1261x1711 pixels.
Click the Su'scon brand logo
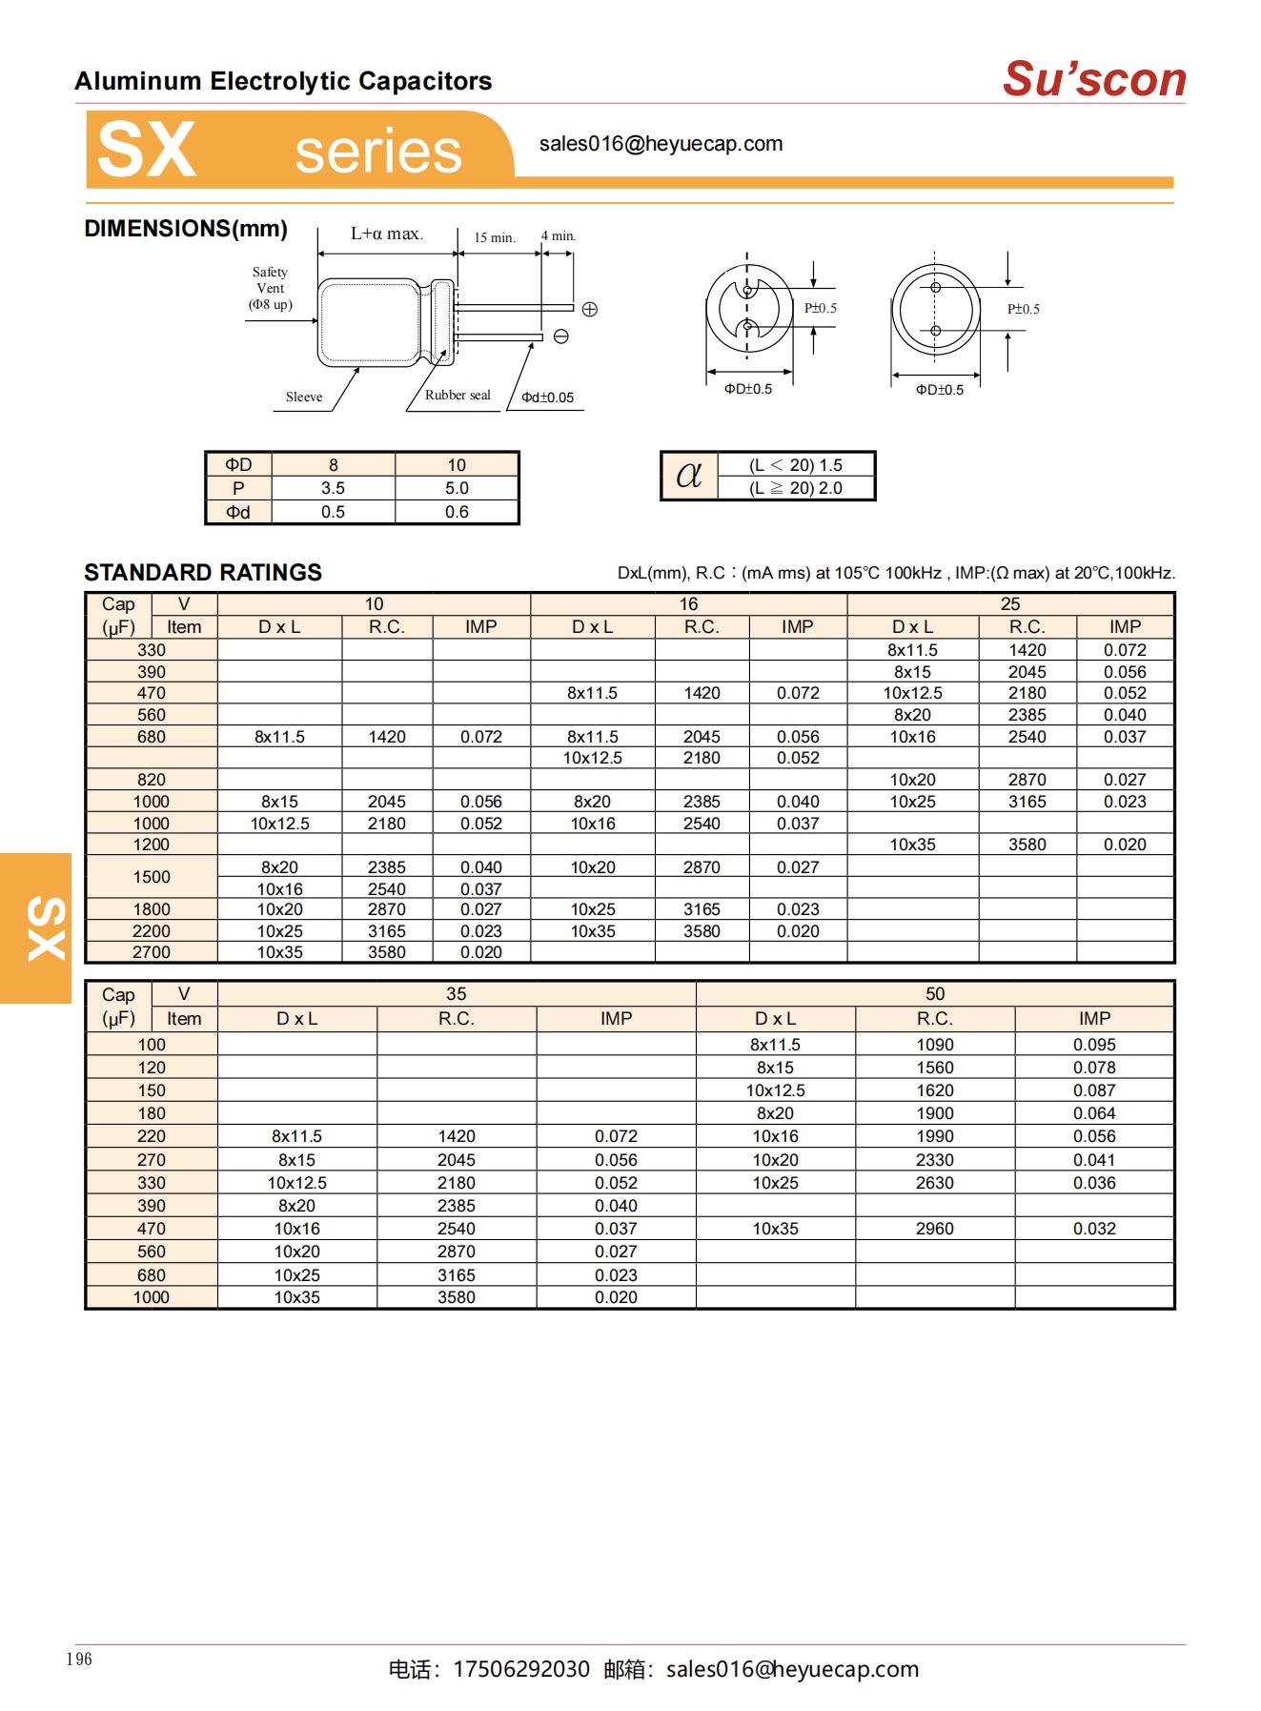point(1094,79)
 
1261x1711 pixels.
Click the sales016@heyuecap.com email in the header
point(661,144)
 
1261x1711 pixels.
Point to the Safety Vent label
point(270,288)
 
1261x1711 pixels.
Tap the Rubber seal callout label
point(458,396)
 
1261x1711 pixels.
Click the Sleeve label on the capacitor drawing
point(304,397)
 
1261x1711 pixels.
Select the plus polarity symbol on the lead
point(589,309)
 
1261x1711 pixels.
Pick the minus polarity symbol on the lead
point(561,336)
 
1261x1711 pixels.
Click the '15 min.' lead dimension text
point(495,237)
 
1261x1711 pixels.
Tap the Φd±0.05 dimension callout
point(548,397)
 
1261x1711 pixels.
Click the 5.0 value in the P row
point(457,488)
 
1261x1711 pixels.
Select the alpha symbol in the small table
point(688,475)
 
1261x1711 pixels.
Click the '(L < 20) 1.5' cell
point(795,465)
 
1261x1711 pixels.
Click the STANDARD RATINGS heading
point(203,572)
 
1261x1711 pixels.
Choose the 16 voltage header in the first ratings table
point(688,603)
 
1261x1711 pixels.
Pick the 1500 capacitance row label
point(152,877)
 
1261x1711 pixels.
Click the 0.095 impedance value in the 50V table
point(1094,1045)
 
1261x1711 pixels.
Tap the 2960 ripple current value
point(934,1229)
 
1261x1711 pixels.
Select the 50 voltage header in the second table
point(934,993)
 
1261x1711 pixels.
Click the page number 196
point(80,1660)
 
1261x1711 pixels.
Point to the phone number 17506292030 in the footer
point(521,1669)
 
